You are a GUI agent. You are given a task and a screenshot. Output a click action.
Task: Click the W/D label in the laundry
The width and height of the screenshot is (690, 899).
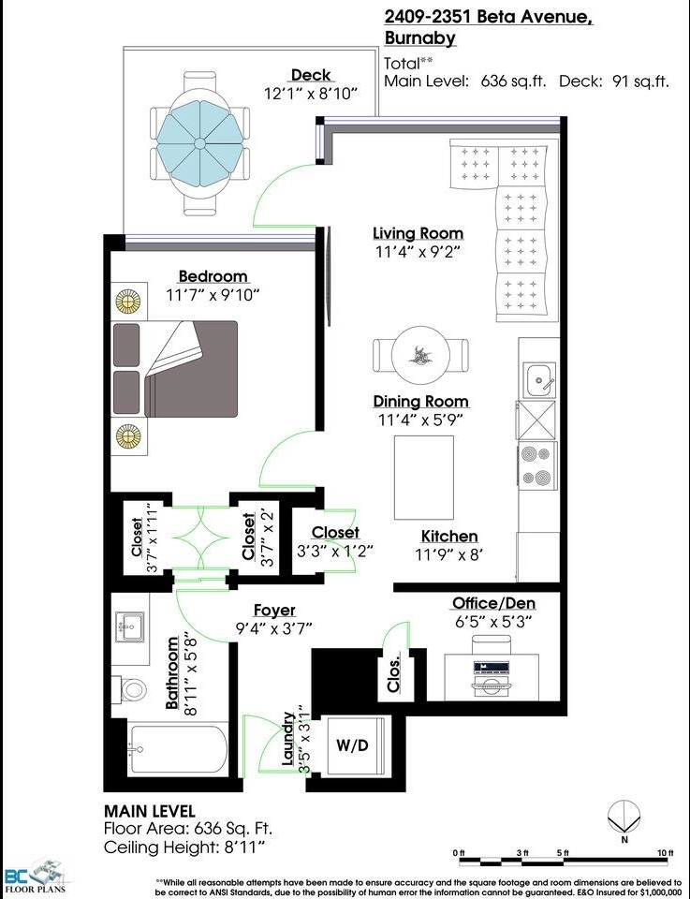point(352,745)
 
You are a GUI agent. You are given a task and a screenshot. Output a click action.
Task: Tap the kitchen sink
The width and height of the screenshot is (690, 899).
point(541,379)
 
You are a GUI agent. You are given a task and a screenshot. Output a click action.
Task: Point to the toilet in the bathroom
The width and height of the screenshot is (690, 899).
point(130,688)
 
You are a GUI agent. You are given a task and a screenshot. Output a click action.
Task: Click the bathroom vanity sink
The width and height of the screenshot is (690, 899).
point(129,626)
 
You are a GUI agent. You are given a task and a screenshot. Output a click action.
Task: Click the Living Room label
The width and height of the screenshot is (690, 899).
point(418,233)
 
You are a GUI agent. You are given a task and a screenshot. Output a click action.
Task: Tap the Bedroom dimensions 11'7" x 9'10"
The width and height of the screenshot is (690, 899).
point(213,295)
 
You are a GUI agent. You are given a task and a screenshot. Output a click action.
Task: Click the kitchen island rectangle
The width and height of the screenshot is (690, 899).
point(424,478)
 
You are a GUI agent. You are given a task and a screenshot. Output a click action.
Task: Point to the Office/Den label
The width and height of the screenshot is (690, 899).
point(494,603)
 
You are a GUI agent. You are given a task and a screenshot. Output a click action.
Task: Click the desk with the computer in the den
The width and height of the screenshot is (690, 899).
point(492,676)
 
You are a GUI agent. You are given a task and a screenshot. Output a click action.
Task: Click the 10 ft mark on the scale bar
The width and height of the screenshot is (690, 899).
point(665,853)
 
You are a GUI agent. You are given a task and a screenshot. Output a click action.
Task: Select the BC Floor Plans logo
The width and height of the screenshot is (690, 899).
point(36,877)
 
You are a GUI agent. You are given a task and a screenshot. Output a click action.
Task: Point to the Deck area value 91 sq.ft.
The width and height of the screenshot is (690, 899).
point(640,81)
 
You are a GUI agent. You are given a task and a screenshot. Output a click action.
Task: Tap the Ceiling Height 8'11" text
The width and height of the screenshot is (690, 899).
point(184,847)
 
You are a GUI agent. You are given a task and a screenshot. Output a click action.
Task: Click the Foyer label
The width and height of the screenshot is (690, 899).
point(274,610)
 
